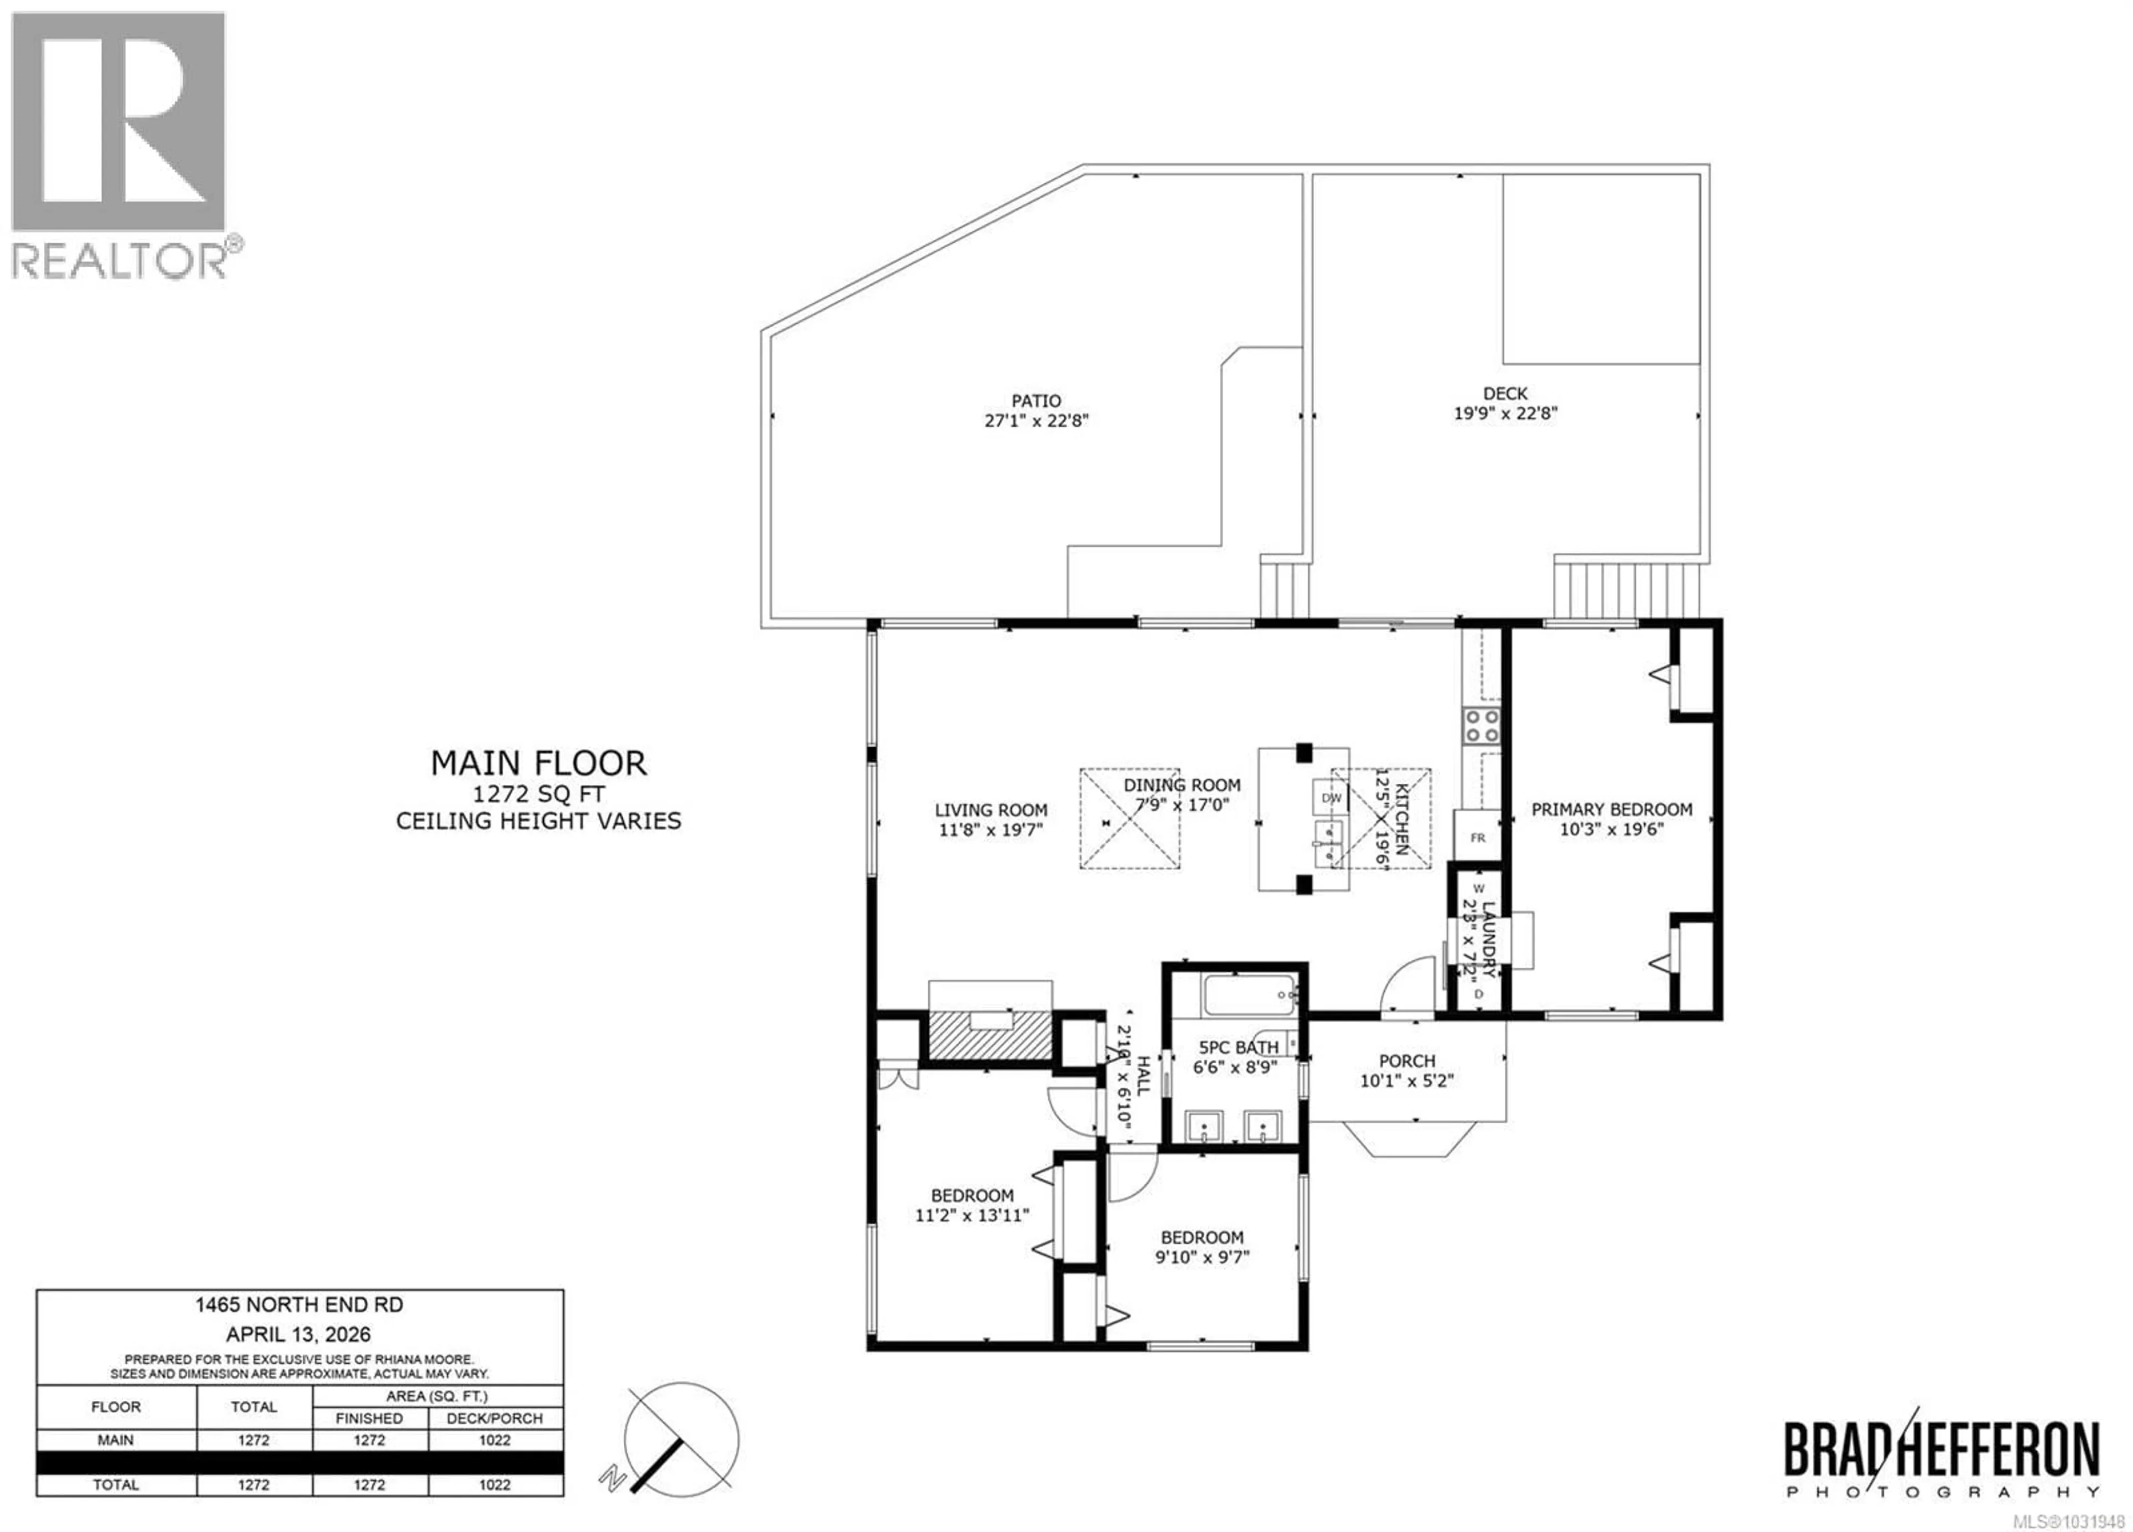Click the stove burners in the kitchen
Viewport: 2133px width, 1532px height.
click(1481, 727)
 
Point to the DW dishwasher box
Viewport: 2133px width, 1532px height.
click(1331, 798)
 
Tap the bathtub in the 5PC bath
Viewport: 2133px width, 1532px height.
click(1250, 995)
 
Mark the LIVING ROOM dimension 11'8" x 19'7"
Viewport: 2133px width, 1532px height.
click(990, 830)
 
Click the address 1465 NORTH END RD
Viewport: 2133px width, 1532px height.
click(299, 1305)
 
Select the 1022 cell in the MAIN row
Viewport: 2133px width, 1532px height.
click(495, 1440)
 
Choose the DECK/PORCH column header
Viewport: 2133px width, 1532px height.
click(495, 1418)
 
